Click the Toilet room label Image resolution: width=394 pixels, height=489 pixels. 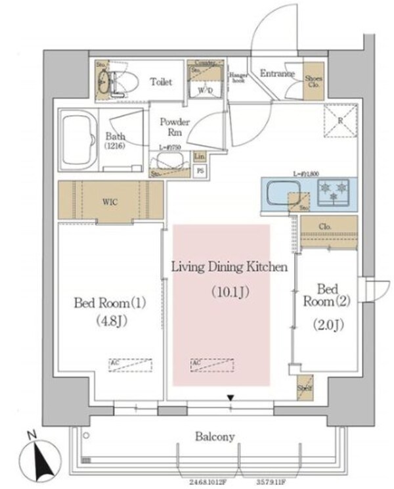(x=161, y=82)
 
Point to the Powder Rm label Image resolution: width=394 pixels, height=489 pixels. (x=175, y=127)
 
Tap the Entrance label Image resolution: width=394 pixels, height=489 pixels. (x=276, y=74)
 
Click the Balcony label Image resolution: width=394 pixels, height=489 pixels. (x=215, y=436)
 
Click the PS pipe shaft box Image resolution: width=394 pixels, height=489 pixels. (x=200, y=170)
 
